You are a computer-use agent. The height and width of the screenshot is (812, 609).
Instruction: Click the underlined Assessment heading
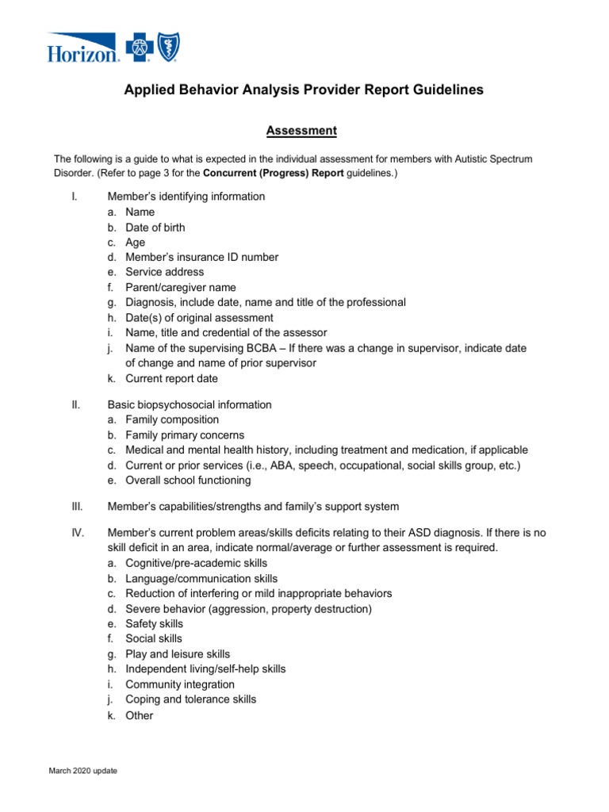tap(301, 130)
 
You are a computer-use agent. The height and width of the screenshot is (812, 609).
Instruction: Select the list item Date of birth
tap(155, 228)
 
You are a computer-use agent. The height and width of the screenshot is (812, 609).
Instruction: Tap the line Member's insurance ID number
tap(201, 258)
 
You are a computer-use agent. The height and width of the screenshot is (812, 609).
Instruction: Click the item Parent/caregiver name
tap(180, 288)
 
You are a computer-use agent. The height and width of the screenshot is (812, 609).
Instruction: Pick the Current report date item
tap(171, 379)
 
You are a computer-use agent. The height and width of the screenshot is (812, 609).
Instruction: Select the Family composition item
tap(172, 420)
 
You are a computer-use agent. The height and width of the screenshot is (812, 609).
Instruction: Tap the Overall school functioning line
tap(188, 481)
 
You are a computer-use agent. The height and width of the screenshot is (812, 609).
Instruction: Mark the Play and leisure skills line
tap(178, 654)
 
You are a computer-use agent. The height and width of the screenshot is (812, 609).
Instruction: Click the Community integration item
tap(180, 684)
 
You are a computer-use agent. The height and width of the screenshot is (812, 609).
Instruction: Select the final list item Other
tap(139, 715)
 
